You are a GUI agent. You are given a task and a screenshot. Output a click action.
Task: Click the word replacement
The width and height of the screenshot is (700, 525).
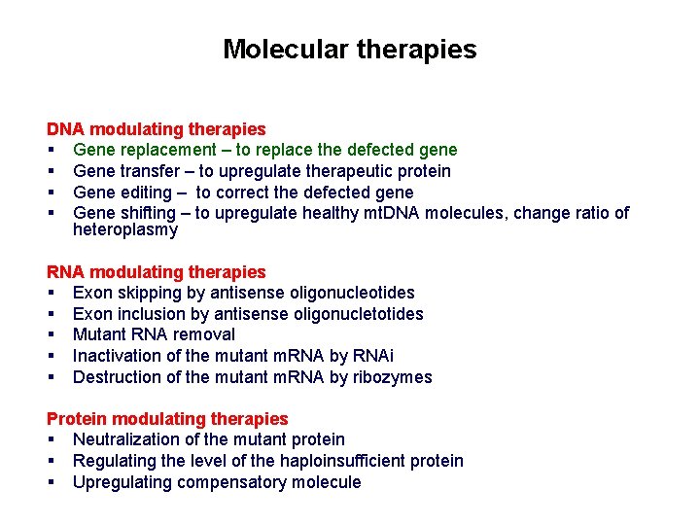(x=166, y=150)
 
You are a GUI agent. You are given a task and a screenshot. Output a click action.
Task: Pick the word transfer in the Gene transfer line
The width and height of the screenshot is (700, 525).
(x=151, y=171)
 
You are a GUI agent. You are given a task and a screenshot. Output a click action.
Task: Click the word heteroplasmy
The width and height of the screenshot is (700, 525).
(x=125, y=230)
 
